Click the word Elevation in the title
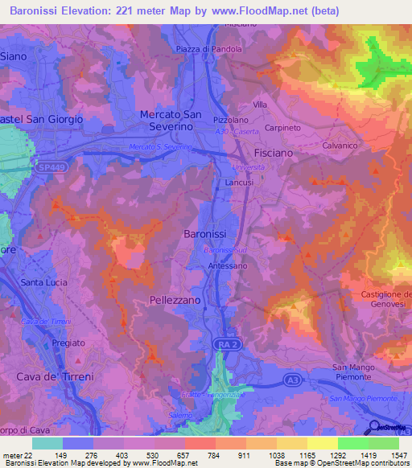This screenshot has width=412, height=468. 95,11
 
